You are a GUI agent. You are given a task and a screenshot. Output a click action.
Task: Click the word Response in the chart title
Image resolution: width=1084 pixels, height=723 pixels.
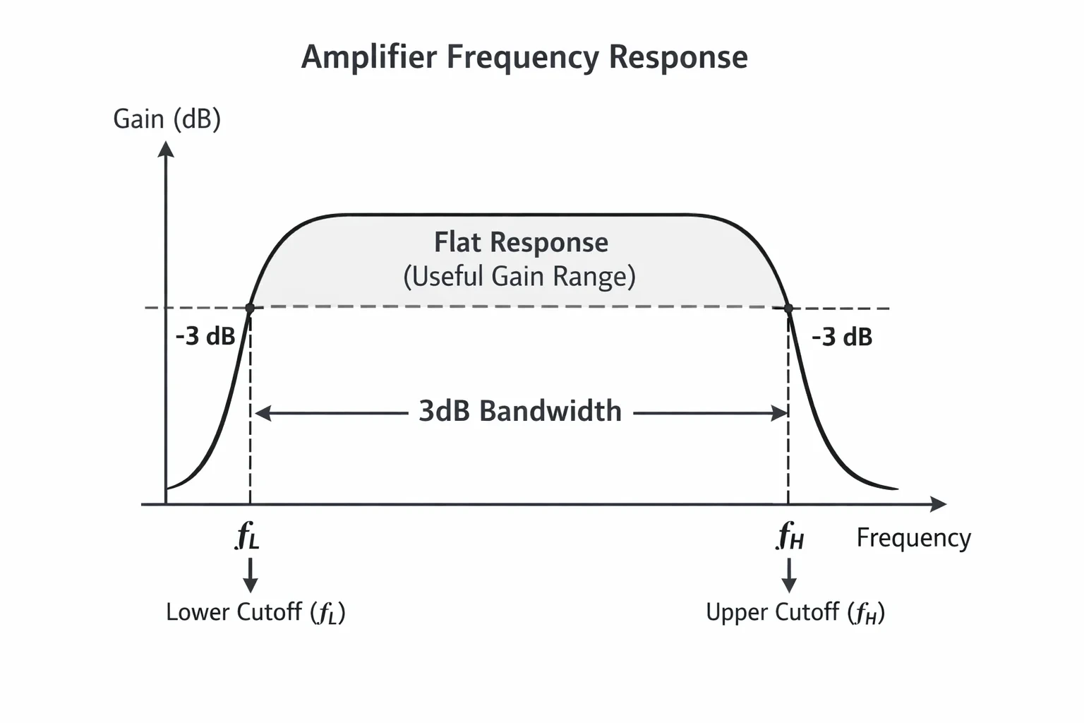[678, 58]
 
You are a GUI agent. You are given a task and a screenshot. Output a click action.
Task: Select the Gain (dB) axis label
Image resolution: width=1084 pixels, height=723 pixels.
[167, 119]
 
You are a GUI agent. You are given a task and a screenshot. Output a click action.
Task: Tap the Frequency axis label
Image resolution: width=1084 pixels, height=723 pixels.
[914, 538]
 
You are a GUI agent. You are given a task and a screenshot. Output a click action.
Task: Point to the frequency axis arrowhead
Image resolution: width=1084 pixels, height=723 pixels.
[939, 504]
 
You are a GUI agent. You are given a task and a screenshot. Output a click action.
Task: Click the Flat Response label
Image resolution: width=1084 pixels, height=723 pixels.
[522, 242]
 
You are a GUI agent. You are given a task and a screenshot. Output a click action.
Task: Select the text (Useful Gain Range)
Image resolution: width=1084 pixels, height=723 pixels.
[519, 277]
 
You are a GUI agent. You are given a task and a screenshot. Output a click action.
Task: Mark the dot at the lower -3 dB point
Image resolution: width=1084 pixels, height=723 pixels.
[250, 308]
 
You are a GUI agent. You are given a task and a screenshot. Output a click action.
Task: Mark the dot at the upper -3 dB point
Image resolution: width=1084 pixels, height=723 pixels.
[788, 308]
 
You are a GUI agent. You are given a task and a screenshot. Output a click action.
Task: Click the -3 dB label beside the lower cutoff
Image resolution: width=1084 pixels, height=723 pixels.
[205, 336]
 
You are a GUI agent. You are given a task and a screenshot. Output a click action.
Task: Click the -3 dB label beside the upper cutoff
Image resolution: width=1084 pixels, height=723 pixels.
[842, 337]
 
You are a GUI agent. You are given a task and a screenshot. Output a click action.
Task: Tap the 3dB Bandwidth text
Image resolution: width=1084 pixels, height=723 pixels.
[520, 411]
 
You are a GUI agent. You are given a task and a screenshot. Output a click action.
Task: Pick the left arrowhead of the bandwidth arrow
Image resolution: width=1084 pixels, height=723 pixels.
[263, 414]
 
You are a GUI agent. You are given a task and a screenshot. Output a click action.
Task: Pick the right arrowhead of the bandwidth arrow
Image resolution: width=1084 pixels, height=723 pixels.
[778, 414]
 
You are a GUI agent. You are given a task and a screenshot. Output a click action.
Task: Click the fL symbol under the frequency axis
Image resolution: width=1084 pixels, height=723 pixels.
[247, 536]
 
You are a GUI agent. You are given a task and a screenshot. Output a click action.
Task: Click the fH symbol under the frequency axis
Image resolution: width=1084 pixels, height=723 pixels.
[790, 536]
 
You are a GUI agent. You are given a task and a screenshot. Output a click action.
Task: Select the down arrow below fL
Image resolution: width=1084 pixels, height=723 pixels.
[251, 575]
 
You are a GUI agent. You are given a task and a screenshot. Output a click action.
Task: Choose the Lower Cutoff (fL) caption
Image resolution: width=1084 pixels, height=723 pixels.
[255, 613]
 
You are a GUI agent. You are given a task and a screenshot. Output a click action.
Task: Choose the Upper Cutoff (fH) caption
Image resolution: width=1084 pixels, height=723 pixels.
[795, 613]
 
